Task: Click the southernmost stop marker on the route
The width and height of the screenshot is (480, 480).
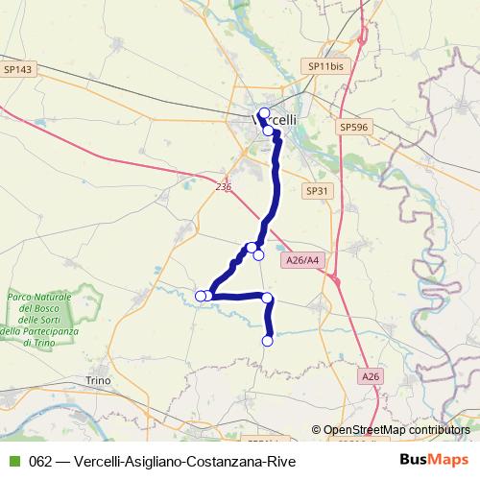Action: click(268, 340)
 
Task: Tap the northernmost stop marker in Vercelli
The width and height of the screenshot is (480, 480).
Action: click(264, 113)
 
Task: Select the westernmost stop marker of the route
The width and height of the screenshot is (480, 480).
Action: click(201, 296)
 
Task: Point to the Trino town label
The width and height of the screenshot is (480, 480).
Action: click(100, 380)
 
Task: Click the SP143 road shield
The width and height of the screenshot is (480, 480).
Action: click(18, 69)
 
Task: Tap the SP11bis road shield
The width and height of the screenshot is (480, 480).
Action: click(324, 66)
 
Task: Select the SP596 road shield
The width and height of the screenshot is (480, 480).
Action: click(353, 126)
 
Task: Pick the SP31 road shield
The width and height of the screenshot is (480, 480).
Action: click(318, 191)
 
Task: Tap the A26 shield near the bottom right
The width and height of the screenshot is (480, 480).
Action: click(372, 377)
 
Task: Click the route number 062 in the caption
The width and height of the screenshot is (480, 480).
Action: click(40, 462)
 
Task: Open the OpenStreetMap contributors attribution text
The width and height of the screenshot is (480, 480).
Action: click(396, 431)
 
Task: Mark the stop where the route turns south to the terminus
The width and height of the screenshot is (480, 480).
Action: click(268, 298)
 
